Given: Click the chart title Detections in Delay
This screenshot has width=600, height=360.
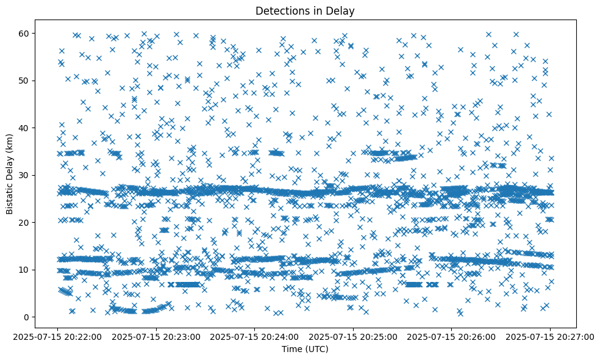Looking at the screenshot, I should (305, 10).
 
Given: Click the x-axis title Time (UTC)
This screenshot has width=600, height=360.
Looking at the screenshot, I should (305, 349).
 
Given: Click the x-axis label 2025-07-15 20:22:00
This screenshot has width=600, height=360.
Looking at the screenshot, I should (57, 336).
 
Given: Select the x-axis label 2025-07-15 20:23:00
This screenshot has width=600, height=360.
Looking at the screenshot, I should (156, 336).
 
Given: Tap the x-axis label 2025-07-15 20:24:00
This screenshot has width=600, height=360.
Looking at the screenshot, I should (255, 336).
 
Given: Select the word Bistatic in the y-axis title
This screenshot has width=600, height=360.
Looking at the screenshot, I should (10, 194).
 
